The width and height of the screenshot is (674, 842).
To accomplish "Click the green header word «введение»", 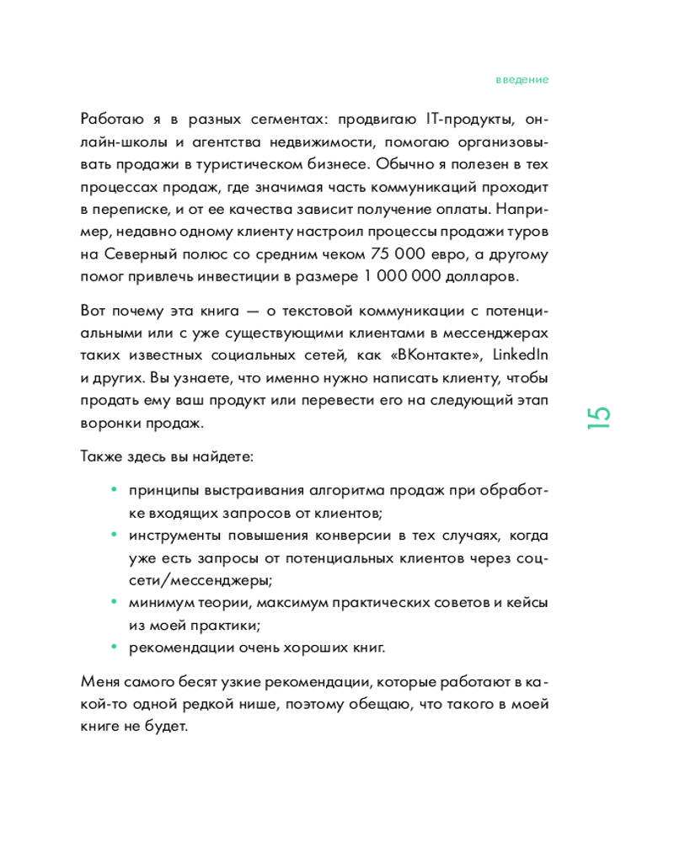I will click(522, 80).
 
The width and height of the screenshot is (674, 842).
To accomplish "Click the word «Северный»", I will click(140, 253).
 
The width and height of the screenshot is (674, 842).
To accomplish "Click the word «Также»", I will click(100, 457).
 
